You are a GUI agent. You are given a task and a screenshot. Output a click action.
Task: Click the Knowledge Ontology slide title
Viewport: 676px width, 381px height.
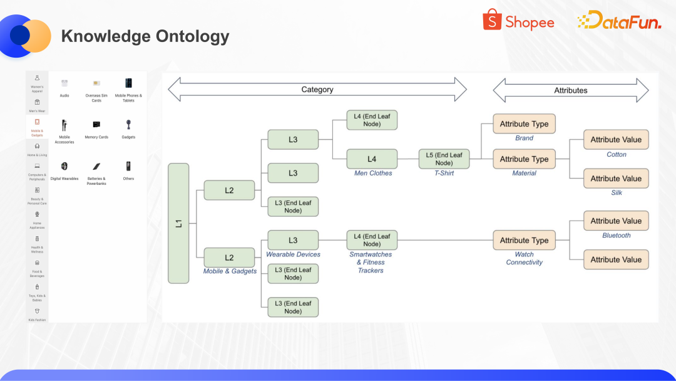tap(145, 36)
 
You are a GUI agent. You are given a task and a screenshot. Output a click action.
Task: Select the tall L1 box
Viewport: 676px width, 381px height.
tap(178, 223)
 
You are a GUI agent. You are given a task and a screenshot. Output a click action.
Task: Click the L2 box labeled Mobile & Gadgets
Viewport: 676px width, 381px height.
tap(229, 258)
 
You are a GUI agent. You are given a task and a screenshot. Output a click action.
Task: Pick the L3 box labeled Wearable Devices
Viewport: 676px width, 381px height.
tap(293, 240)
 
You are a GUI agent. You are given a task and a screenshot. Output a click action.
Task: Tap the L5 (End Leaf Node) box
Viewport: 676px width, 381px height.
tap(444, 159)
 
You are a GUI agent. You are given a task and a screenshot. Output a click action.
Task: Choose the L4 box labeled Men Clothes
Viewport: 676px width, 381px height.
tap(372, 159)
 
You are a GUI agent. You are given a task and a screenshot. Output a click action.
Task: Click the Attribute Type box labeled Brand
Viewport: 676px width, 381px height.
tap(524, 124)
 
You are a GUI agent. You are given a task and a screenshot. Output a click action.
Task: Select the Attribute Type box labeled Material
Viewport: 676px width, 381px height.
tap(524, 159)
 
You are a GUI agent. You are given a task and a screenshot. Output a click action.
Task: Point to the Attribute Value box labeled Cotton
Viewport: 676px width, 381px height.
tap(616, 140)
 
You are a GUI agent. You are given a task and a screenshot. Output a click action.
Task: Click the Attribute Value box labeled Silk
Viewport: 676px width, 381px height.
tap(616, 179)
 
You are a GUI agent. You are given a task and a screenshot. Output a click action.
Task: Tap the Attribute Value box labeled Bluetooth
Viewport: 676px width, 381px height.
tap(616, 221)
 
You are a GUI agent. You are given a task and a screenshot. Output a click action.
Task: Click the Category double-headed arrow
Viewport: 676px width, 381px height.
tap(317, 90)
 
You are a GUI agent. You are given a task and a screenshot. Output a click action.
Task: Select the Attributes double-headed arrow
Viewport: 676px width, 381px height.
tap(571, 90)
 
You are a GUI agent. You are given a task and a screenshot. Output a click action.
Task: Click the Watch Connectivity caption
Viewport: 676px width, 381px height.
tap(525, 258)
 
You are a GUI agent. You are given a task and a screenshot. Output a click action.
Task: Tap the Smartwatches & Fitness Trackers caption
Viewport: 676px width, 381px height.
tap(371, 263)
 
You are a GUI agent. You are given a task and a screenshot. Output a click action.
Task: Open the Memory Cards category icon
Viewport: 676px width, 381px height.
tap(96, 125)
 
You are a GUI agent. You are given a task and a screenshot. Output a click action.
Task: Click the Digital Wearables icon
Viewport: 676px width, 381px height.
tap(64, 167)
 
